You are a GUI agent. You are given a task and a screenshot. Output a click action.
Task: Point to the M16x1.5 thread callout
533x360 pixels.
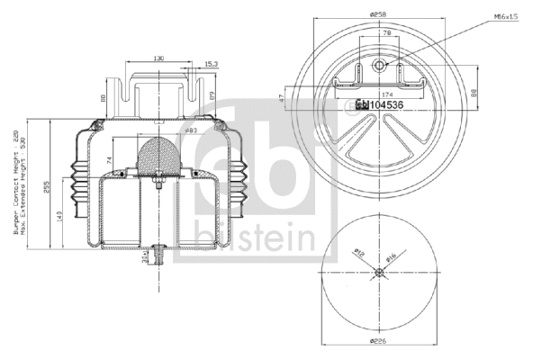point(505,15)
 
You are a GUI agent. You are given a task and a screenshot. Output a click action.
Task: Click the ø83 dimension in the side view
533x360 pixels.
point(192,132)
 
